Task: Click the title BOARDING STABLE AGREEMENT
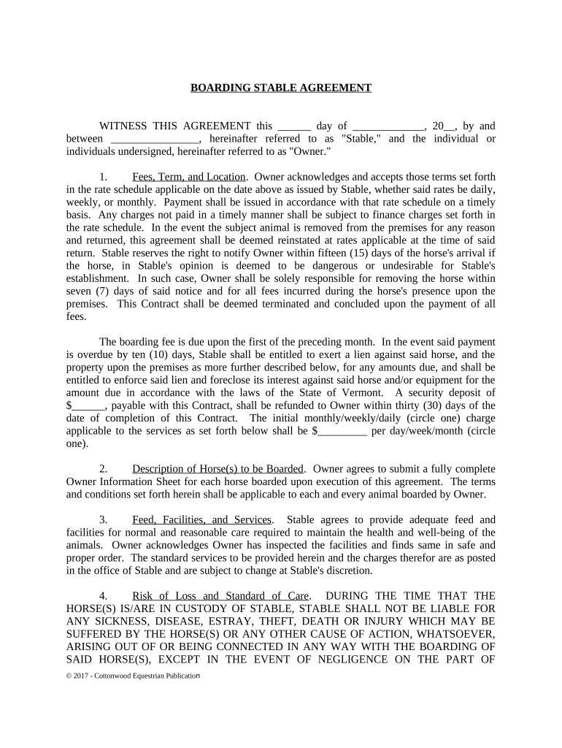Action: (281, 88)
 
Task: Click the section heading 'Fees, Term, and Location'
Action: (188, 177)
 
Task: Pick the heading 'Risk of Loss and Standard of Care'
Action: (220, 596)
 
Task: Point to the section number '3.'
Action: (104, 520)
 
